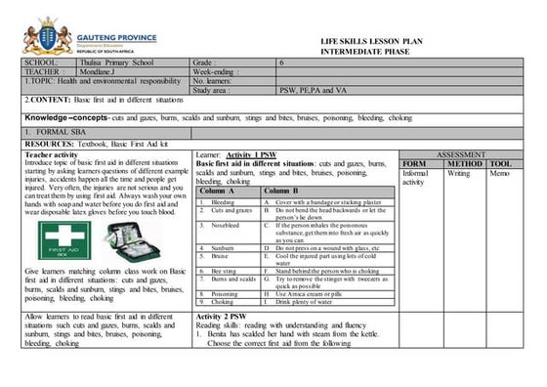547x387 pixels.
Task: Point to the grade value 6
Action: coord(281,62)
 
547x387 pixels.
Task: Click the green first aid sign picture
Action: coord(62,239)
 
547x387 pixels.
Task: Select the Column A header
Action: coord(218,191)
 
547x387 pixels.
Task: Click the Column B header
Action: coord(280,191)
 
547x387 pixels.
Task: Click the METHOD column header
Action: coord(465,164)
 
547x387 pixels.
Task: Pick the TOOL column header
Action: coord(500,164)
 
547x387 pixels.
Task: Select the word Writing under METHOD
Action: coord(458,174)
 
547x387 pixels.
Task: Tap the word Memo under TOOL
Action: coord(498,174)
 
